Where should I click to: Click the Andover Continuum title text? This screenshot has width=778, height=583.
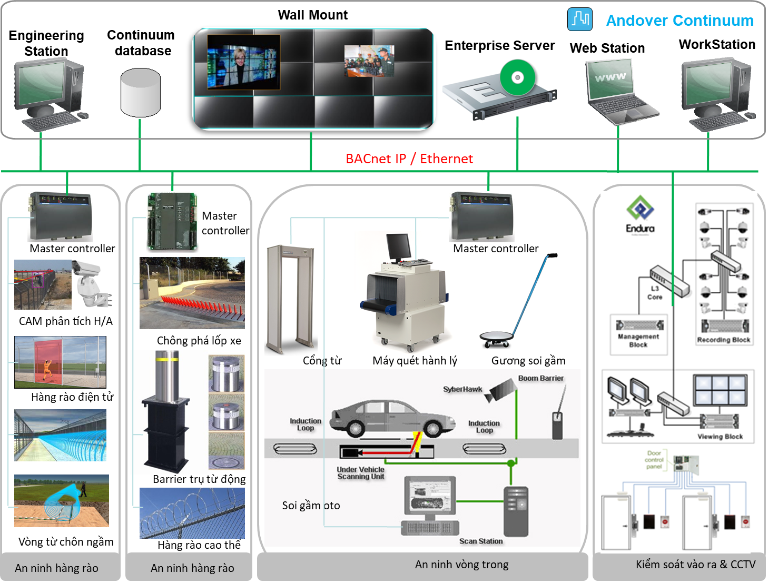pyautogui.click(x=679, y=21)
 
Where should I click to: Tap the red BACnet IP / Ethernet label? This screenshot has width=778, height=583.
pyautogui.click(x=409, y=159)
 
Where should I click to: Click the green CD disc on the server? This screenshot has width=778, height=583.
pyautogui.click(x=517, y=78)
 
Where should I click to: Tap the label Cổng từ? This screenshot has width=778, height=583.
pyautogui.click(x=322, y=361)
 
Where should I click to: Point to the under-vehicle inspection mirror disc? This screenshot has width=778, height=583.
pyautogui.click(x=496, y=337)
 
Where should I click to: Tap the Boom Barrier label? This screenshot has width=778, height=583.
pyautogui.click(x=540, y=378)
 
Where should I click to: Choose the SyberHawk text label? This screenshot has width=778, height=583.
pyautogui.click(x=462, y=389)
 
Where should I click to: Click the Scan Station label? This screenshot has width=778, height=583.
pyautogui.click(x=481, y=541)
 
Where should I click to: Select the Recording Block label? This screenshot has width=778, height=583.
pyautogui.click(x=723, y=340)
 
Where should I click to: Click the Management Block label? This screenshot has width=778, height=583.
pyautogui.click(x=638, y=340)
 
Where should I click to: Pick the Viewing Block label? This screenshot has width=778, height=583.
pyautogui.click(x=720, y=436)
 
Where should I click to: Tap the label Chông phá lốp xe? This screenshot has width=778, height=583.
pyautogui.click(x=199, y=341)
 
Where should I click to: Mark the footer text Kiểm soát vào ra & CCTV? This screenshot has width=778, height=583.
pyautogui.click(x=695, y=565)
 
